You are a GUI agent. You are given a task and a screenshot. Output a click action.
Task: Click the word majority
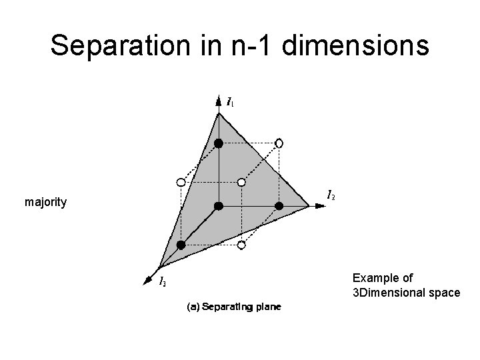tap(45, 201)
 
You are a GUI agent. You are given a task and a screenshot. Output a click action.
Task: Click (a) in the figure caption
tap(192, 307)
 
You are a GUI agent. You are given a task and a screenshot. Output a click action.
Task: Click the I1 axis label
tap(230, 102)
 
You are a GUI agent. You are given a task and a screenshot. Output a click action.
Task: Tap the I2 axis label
tap(331, 195)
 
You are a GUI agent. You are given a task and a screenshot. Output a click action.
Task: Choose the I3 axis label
tap(163, 282)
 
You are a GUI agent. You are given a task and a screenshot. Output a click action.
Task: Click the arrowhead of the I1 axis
tap(218, 101)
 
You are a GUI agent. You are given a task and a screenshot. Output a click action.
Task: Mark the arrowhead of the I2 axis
tap(321, 207)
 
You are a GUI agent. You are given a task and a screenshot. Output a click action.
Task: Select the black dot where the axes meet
tap(218, 206)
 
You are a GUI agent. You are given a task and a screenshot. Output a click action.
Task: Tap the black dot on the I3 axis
tap(181, 245)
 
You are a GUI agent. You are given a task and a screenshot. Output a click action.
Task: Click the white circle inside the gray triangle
tap(242, 182)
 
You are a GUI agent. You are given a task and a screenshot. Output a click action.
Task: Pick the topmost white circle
tap(279, 143)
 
